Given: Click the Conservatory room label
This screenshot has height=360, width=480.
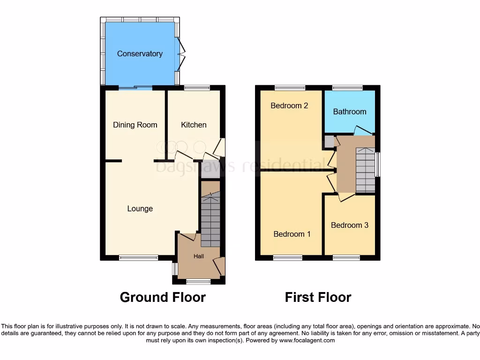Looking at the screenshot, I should pyautogui.click(x=140, y=54).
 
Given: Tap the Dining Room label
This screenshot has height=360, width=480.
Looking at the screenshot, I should pyautogui.click(x=135, y=125).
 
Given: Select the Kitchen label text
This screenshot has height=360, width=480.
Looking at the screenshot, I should pyautogui.click(x=194, y=125).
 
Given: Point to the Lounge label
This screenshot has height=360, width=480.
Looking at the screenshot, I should pyautogui.click(x=140, y=209).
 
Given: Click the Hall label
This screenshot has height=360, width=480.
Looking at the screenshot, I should pyautogui.click(x=199, y=256).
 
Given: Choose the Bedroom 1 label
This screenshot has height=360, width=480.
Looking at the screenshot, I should pyautogui.click(x=292, y=234).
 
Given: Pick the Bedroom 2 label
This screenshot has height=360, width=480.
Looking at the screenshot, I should pyautogui.click(x=289, y=105).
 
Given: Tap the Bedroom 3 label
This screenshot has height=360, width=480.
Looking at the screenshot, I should pyautogui.click(x=350, y=225).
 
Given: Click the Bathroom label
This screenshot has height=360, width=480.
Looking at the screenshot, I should pyautogui.click(x=350, y=112).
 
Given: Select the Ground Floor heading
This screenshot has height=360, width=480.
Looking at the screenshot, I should pyautogui.click(x=163, y=297).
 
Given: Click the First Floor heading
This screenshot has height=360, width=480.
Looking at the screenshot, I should pyautogui.click(x=318, y=297).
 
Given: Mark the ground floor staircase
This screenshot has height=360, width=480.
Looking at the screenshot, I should pyautogui.click(x=210, y=220).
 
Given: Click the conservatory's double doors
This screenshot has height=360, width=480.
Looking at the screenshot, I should pyautogui.click(x=180, y=53).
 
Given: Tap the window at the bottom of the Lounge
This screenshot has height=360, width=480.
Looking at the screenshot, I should pyautogui.click(x=138, y=257).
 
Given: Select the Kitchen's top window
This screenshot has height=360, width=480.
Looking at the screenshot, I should pyautogui.click(x=196, y=88).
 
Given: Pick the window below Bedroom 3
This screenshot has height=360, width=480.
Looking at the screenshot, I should pyautogui.click(x=346, y=257).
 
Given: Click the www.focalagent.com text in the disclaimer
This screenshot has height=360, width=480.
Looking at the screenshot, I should pyautogui.click(x=307, y=340).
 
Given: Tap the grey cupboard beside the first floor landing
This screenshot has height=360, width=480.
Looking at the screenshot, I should pyautogui.click(x=329, y=142).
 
